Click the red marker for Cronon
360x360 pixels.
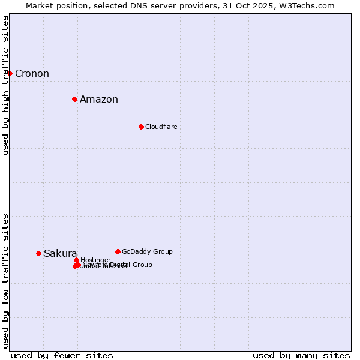point(10,73)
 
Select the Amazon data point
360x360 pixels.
point(74,99)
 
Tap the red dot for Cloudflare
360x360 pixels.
point(141,127)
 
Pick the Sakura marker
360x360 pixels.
point(38,253)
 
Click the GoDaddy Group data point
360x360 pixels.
point(118,251)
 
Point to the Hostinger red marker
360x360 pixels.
point(76,260)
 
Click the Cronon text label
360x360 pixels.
point(32,74)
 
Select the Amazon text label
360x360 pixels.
point(99,100)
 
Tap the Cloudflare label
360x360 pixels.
point(161,127)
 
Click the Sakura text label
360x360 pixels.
point(60,254)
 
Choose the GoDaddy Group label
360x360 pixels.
point(147,252)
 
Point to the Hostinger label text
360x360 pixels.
point(96,260)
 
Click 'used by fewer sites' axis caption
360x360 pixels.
point(62,356)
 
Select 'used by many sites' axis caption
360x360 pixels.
point(301,356)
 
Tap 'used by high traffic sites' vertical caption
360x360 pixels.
point(6,85)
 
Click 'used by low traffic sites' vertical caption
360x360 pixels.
point(6,281)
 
